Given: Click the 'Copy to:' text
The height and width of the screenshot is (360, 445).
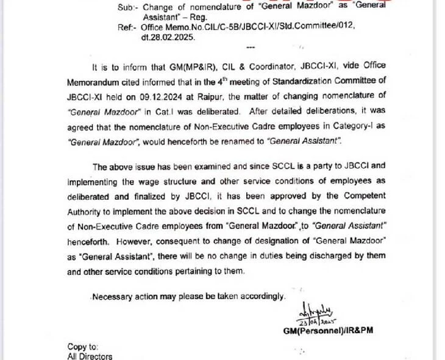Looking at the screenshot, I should coord(83,346).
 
